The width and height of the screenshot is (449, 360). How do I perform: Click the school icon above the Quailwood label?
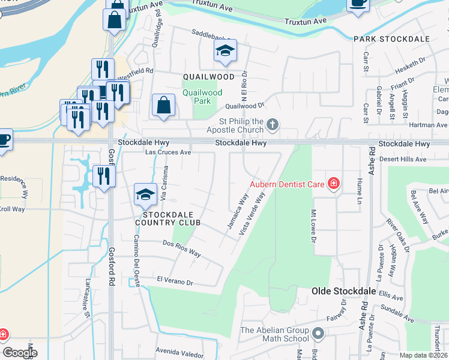225,51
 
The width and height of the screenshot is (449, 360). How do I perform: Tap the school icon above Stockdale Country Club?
145,195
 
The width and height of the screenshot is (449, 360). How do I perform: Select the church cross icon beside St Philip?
273,125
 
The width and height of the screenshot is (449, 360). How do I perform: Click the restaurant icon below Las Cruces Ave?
104,176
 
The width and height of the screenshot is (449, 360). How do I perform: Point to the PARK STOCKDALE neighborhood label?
391,39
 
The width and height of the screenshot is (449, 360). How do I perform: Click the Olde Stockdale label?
343,291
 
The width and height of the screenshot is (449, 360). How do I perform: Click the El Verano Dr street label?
174,280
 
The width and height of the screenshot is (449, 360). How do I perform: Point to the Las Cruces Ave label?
169,152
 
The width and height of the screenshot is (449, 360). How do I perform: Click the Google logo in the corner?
20,353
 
